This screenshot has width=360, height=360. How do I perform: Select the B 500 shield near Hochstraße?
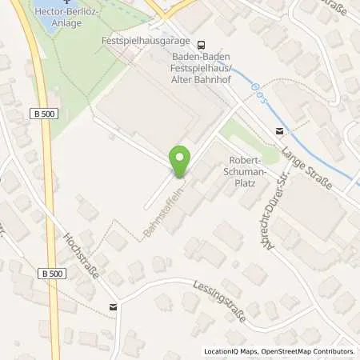pyautogui.click(x=49, y=273)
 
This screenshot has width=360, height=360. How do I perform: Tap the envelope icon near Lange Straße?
pyautogui.click(x=278, y=132)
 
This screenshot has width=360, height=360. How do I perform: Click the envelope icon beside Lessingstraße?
pyautogui.click(x=113, y=305)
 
